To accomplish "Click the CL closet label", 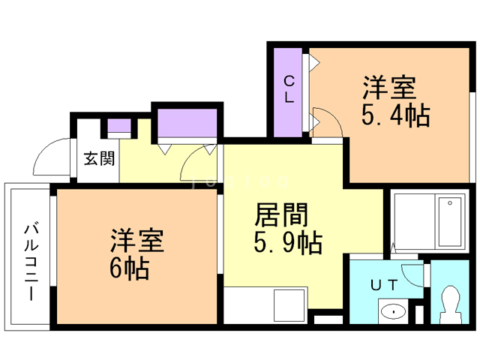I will [x=289, y=88].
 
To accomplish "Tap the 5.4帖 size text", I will [x=395, y=115].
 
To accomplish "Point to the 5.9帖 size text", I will [x=288, y=242].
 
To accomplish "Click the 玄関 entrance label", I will [x=98, y=158].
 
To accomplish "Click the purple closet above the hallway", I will [x=187, y=123].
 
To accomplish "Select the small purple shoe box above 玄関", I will [x=118, y=126].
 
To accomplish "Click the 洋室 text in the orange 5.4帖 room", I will [x=389, y=88].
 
